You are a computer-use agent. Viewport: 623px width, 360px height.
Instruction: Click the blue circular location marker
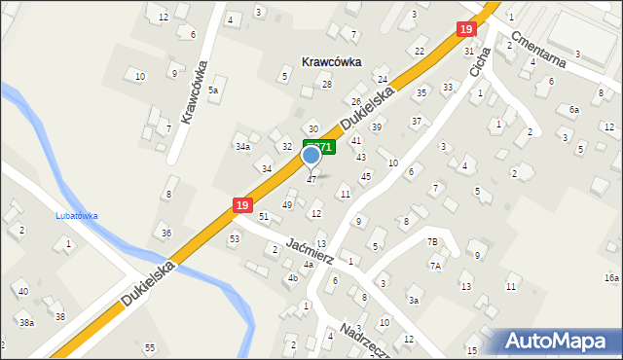pyautogui.click(x=311, y=154)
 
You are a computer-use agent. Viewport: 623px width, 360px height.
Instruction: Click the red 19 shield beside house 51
pyautogui.click(x=242, y=205)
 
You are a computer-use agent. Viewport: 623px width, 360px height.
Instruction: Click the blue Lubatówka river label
pyautogui.click(x=78, y=216)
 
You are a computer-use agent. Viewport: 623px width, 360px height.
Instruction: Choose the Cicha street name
pyautogui.click(x=478, y=71)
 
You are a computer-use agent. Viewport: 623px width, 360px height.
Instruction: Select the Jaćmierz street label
pyautogui.click(x=311, y=252)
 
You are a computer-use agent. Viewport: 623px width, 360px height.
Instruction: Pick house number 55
pyautogui.click(x=149, y=347)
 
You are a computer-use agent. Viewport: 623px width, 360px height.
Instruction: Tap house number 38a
pyautogui.click(x=27, y=322)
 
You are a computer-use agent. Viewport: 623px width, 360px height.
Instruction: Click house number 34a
pyautogui.click(x=242, y=147)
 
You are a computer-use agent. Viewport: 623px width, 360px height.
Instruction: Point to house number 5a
pyautogui.click(x=213, y=90)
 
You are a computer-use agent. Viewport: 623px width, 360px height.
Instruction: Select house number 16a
pyautogui.click(x=610, y=277)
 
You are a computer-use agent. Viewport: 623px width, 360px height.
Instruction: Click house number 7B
pyautogui.click(x=432, y=240)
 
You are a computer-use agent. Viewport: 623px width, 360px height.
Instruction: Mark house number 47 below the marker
pyautogui.click(x=311, y=179)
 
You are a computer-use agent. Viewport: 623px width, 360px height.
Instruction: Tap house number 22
pyautogui.click(x=420, y=51)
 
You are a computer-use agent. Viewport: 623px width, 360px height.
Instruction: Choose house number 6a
pyautogui.click(x=574, y=110)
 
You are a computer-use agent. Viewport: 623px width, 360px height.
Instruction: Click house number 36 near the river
pyautogui.click(x=166, y=233)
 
